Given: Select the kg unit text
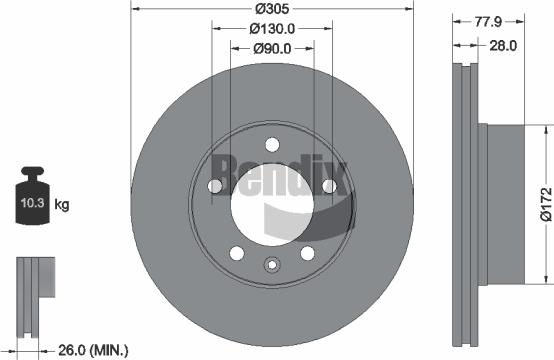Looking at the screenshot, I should tap(62, 205).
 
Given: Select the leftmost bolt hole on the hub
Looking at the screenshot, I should tap(214, 186).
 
